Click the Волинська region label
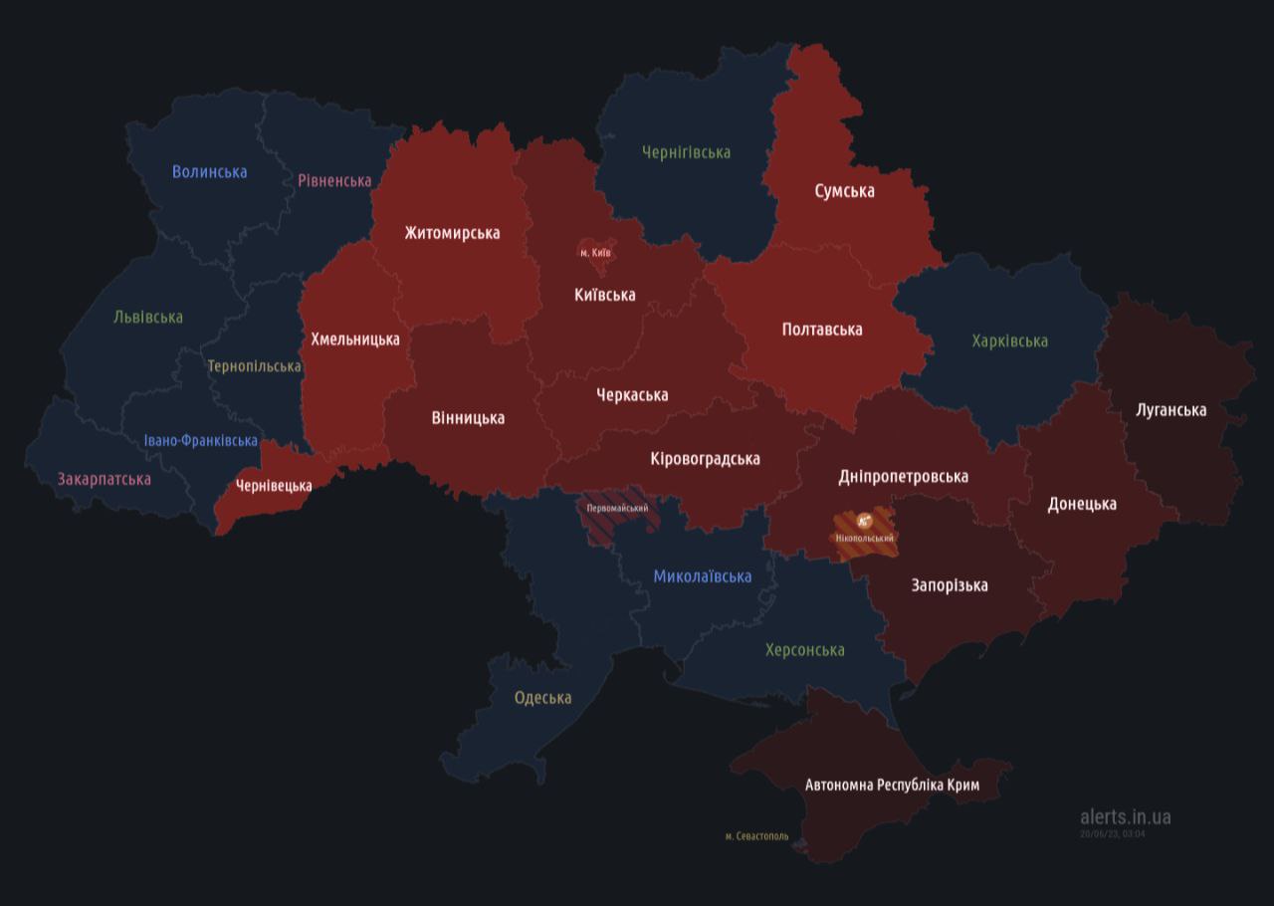click(209, 171)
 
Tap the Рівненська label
click(334, 180)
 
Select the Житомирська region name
click(452, 233)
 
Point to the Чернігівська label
click(686, 152)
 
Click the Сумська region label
click(844, 190)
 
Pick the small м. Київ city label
click(595, 253)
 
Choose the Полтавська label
click(822, 329)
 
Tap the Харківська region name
click(1009, 340)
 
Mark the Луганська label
click(1170, 409)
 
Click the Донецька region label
click(1082, 504)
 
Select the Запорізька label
click(950, 584)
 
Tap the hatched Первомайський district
click(617, 508)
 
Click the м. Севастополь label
click(756, 836)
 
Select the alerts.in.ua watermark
click(1125, 816)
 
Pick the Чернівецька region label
click(274, 486)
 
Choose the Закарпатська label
click(105, 479)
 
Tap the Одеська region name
click(542, 697)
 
